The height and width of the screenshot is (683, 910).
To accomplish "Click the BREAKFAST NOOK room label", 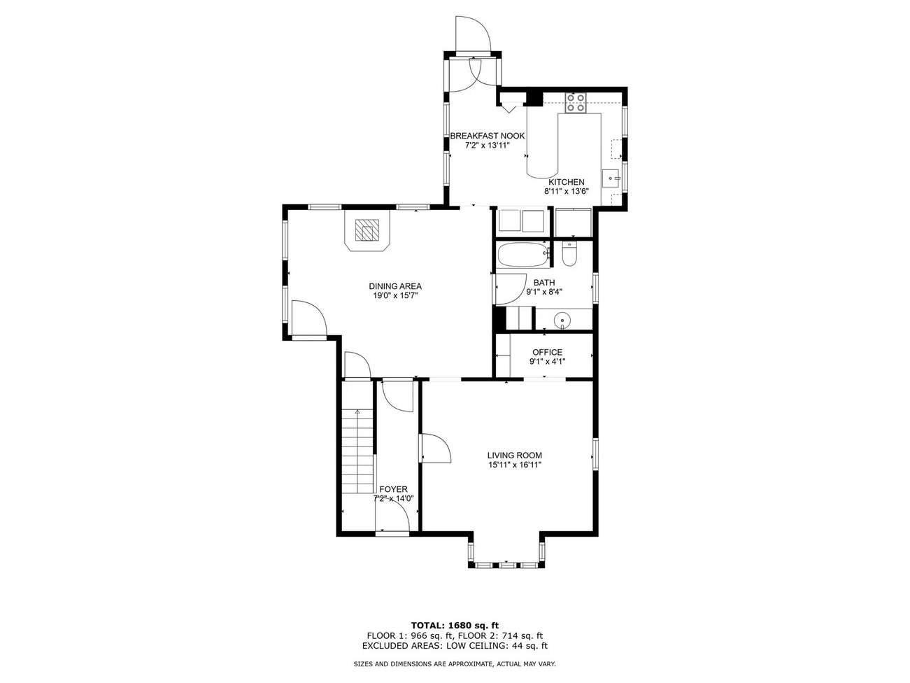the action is [487, 136].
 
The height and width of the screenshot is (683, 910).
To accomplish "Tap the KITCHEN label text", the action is [567, 182].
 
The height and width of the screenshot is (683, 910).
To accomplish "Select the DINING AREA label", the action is [395, 286].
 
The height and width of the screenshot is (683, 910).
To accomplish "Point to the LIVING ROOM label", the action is [515, 456].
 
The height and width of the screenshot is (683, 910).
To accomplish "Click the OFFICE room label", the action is [547, 352].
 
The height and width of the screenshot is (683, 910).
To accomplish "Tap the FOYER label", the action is [393, 489].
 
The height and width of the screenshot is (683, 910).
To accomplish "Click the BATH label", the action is [544, 283].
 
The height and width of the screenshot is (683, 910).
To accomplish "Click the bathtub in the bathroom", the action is [523, 255].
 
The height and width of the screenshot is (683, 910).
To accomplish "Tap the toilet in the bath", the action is [569, 254].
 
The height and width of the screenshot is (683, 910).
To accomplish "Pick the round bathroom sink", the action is [562, 320].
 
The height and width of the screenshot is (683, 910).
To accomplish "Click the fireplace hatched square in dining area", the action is [367, 230].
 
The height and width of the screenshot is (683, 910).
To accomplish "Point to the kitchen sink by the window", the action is [610, 178].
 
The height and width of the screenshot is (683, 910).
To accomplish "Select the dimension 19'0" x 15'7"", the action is [395, 296].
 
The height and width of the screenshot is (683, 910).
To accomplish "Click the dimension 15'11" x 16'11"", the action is [515, 465].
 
